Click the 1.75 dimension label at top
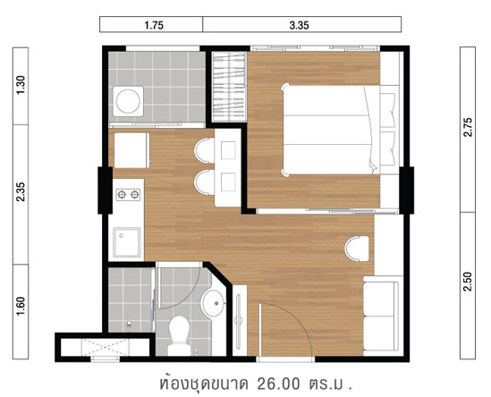(x=154, y=25)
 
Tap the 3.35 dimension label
(x=299, y=25)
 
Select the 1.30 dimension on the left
(x=21, y=85)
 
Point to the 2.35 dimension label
(x=21, y=191)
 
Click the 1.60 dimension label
(x=21, y=306)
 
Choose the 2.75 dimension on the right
(x=468, y=127)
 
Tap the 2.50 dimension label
(x=468, y=282)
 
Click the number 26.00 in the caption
(x=278, y=384)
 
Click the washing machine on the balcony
(x=128, y=101)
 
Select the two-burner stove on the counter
(x=128, y=195)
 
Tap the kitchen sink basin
(x=127, y=242)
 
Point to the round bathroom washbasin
(x=213, y=303)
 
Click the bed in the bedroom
(x=341, y=130)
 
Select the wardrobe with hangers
(x=229, y=87)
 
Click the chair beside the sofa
(x=357, y=249)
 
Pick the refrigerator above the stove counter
(x=131, y=150)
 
